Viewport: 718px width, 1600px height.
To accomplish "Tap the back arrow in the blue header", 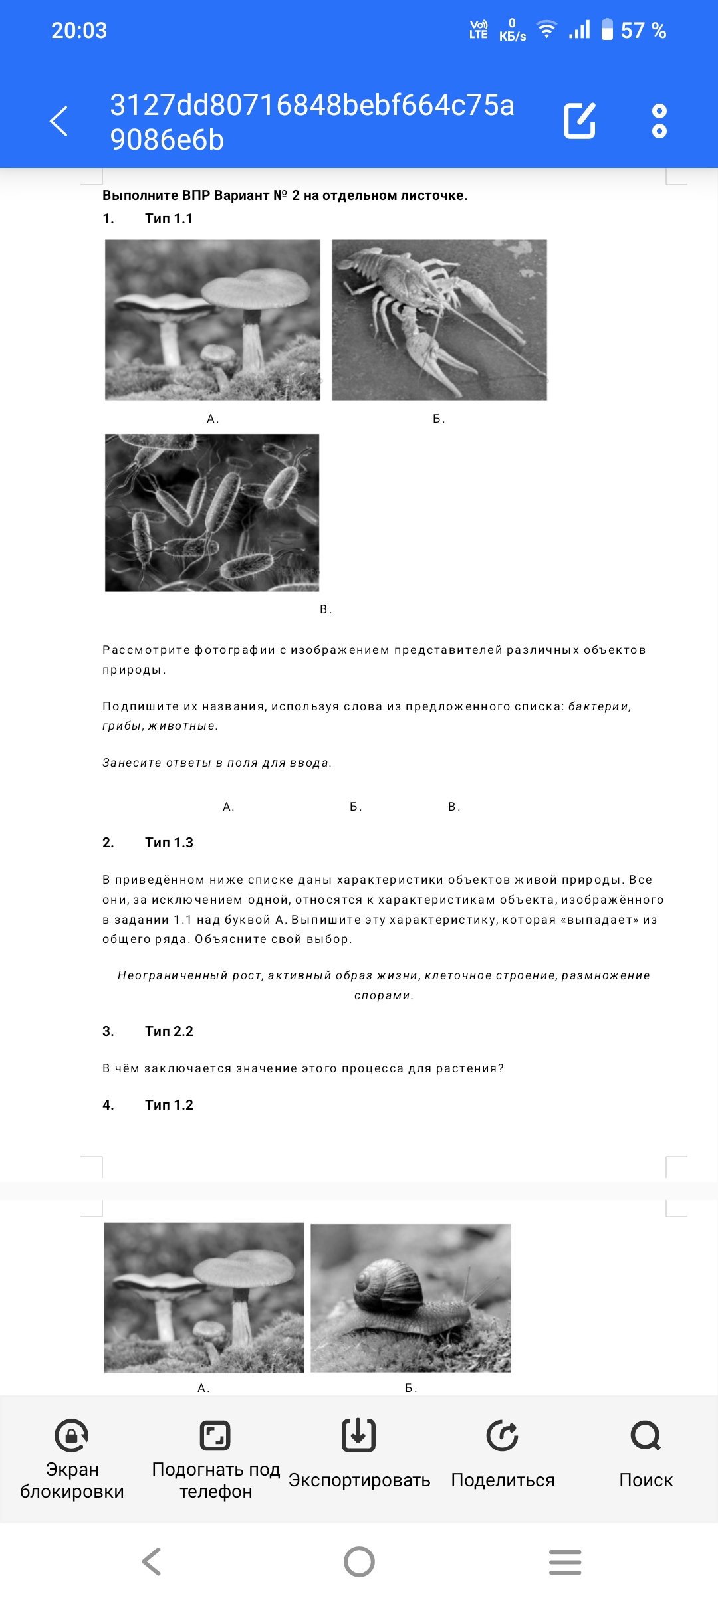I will point(59,121).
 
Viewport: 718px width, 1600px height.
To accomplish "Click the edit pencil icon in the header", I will point(579,121).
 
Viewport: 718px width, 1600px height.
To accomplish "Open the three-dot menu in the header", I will point(659,121).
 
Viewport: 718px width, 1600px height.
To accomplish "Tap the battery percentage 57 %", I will point(643,31).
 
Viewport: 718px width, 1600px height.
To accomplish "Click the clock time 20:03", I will point(79,31).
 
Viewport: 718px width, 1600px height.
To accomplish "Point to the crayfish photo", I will point(439,320).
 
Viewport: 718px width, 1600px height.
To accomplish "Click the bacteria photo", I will point(212,512).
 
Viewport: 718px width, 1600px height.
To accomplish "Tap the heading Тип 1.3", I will point(169,843).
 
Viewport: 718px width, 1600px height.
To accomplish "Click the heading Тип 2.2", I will point(169,1031).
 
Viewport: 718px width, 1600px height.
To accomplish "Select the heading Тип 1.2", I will point(169,1105).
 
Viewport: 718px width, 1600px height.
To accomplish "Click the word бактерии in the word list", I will point(599,706).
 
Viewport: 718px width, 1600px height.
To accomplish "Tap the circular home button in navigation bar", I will point(359,1561).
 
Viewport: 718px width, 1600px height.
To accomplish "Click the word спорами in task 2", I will point(384,995).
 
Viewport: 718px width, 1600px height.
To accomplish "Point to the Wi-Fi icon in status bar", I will point(546,30).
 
